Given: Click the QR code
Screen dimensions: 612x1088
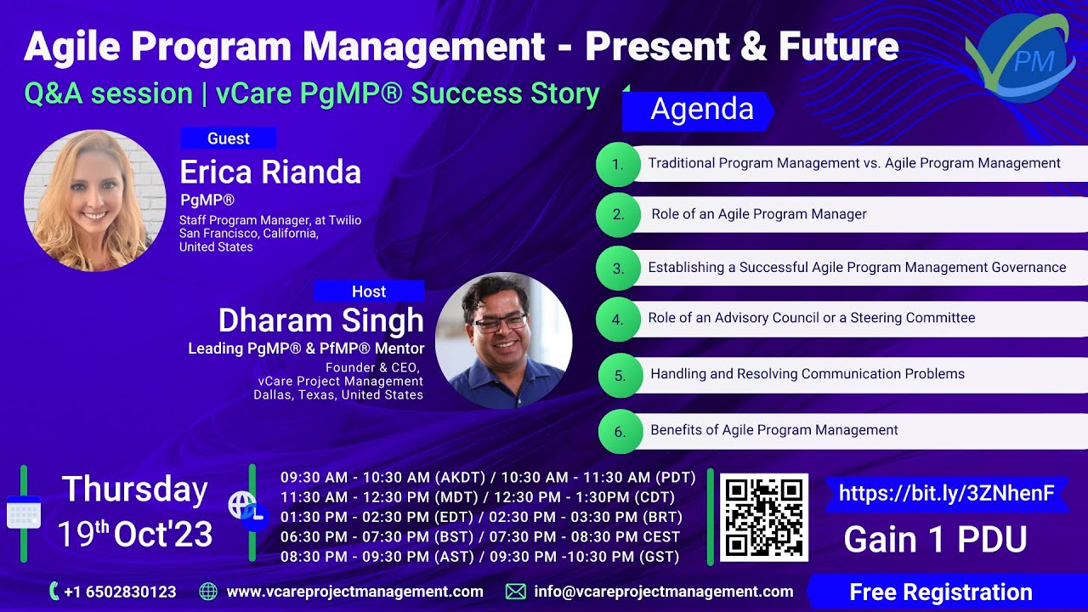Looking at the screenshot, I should pos(763,518).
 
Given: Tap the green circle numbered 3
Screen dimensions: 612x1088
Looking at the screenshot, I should pos(619,269).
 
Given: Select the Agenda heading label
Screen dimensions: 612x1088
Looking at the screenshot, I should pos(701,110).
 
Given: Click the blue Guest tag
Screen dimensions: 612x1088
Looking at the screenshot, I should pos(228,139).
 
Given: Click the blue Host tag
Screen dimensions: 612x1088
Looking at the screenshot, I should pos(368,292).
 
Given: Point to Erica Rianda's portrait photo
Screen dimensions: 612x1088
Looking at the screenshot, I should pos(94,201).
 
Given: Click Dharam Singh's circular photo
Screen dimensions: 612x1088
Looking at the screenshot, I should pos(503,340).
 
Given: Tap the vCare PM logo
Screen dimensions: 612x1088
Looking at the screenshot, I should pos(1019,59).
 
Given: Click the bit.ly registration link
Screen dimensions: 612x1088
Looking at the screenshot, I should pos(946,494).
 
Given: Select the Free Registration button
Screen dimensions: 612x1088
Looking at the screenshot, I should pos(940,592).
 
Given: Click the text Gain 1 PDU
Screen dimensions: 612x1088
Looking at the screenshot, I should pos(935,540).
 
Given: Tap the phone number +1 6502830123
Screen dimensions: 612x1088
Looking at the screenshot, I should pos(119,592).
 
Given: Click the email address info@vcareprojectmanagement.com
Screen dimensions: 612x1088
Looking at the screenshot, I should pos(663,592).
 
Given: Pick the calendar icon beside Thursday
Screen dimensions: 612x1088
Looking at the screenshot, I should pos(23,513).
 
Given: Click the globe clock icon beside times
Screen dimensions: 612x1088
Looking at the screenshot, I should pos(247,511).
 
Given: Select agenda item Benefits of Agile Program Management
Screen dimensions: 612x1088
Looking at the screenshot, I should pos(773,430).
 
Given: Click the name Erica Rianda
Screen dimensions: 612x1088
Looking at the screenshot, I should pos(270,173).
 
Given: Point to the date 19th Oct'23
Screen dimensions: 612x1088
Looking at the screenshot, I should pos(134,535).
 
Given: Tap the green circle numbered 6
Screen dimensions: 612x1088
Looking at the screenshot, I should pos(620,432).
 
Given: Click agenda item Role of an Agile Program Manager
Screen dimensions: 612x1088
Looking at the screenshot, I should pos(758,214).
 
